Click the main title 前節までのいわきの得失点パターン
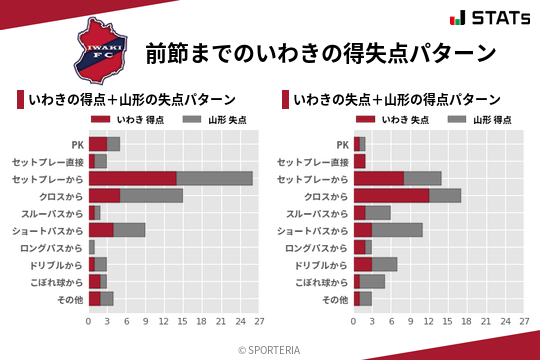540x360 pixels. (320, 52)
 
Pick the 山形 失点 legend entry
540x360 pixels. (212, 120)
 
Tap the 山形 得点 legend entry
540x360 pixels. (477, 120)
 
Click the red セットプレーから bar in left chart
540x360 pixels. (132, 178)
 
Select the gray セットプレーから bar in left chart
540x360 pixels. (214, 178)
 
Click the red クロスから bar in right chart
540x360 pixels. (391, 195)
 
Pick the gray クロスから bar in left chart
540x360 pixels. (151, 195)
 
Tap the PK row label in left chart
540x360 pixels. (77, 144)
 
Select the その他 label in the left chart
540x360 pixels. (72, 298)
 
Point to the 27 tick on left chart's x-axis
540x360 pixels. (258, 322)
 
